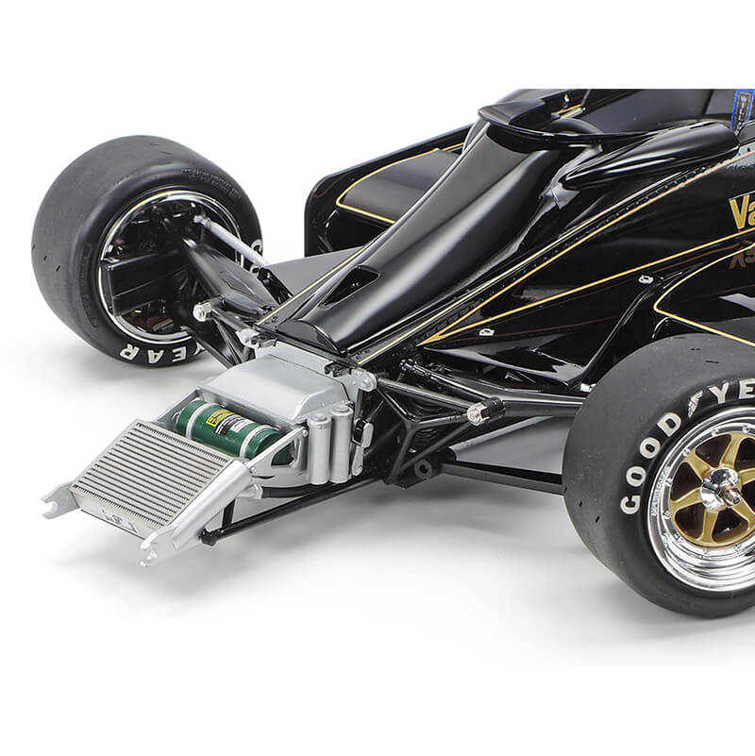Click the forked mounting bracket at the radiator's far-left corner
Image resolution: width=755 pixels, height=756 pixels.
point(59,499)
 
